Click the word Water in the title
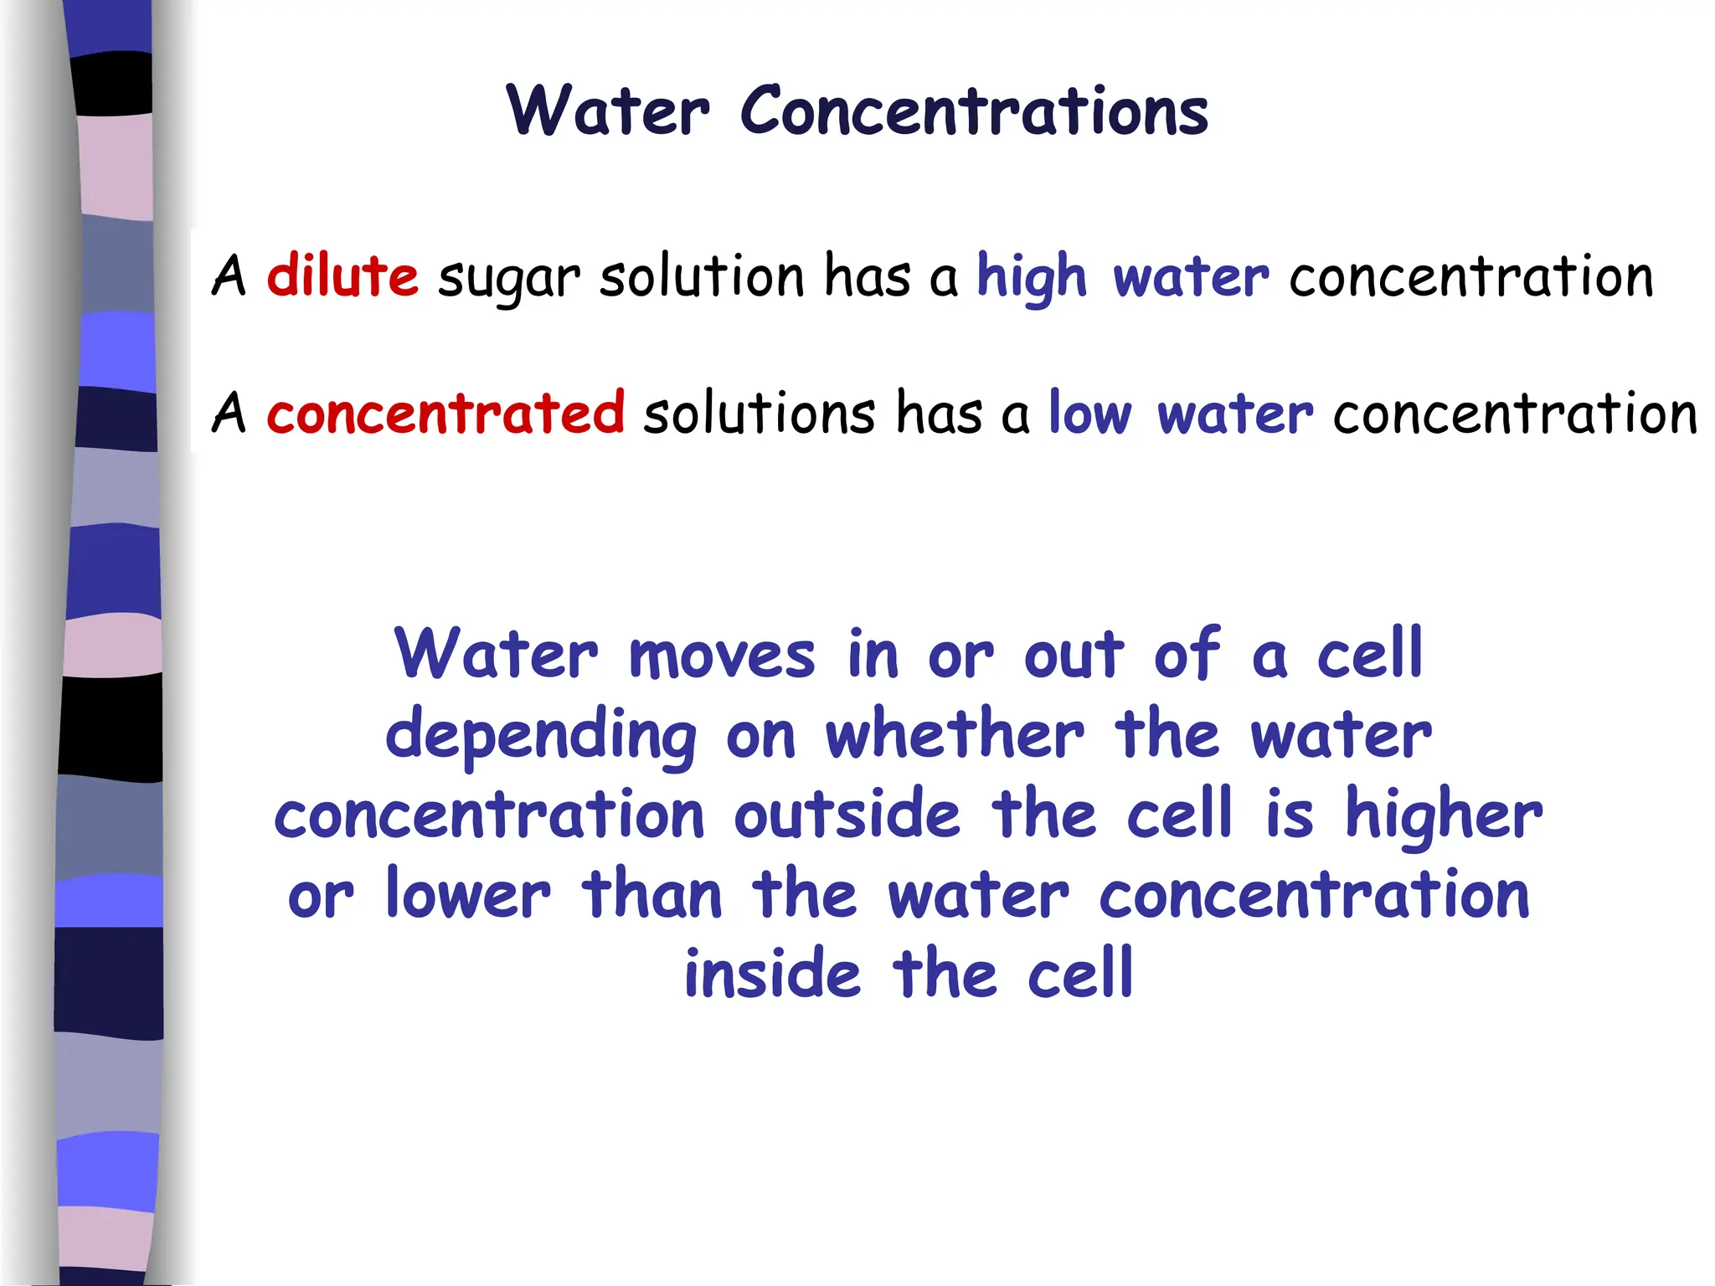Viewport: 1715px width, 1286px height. coord(608,111)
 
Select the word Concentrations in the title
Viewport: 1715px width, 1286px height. coord(974,111)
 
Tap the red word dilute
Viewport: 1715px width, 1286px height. coord(342,275)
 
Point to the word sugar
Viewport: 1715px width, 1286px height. coord(508,279)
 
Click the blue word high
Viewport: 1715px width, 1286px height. coord(1032,277)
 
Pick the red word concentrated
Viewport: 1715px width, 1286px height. coord(445,413)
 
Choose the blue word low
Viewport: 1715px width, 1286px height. coord(1089,413)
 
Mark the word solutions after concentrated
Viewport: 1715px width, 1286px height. coord(759,413)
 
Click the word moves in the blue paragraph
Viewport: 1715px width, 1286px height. coord(721,656)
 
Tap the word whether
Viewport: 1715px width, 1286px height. coord(955,734)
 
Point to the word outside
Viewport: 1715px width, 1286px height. coord(847,815)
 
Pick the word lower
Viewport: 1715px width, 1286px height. coord(468,895)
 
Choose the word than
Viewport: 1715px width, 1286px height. coord(651,895)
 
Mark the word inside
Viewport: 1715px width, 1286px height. coord(772,975)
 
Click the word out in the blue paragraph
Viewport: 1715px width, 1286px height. coord(1074,656)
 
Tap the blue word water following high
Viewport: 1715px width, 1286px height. coord(1191,277)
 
